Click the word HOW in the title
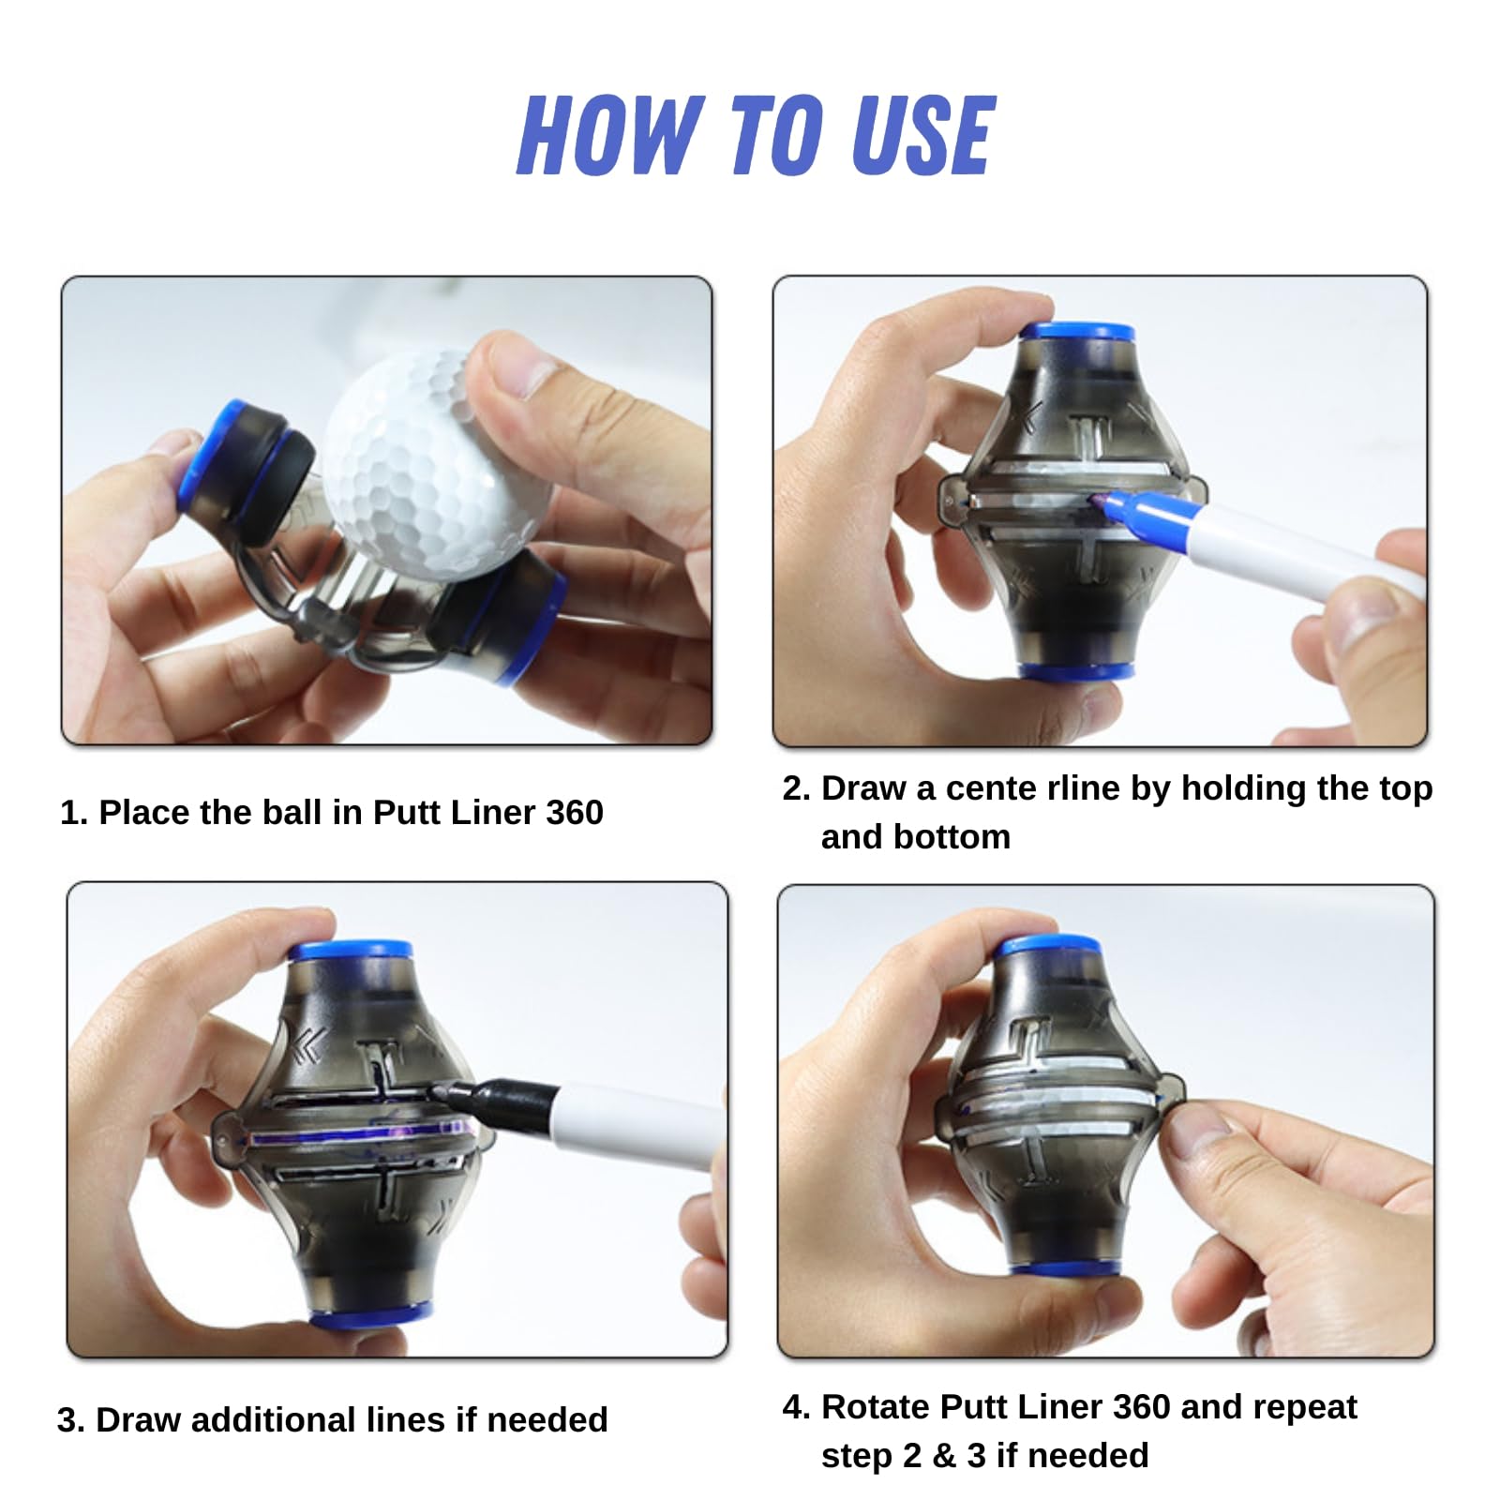[611, 136]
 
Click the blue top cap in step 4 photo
[1048, 945]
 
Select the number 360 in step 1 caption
[574, 812]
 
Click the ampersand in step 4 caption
[944, 1455]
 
